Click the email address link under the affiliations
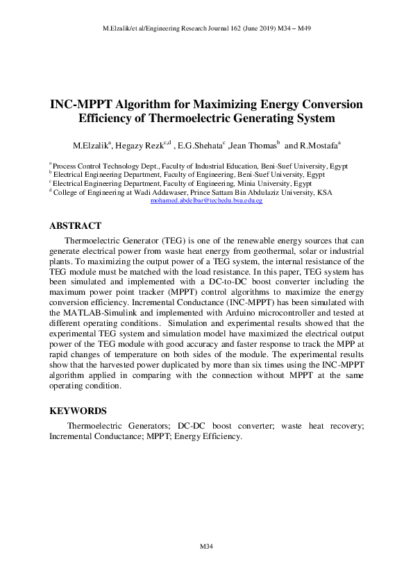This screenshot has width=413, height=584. [206, 200]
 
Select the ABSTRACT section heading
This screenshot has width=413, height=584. [76, 226]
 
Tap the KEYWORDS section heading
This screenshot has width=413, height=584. [78, 411]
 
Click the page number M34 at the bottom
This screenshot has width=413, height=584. [205, 547]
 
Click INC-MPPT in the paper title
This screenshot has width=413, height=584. [81, 104]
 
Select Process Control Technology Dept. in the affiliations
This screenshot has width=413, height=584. [95, 167]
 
